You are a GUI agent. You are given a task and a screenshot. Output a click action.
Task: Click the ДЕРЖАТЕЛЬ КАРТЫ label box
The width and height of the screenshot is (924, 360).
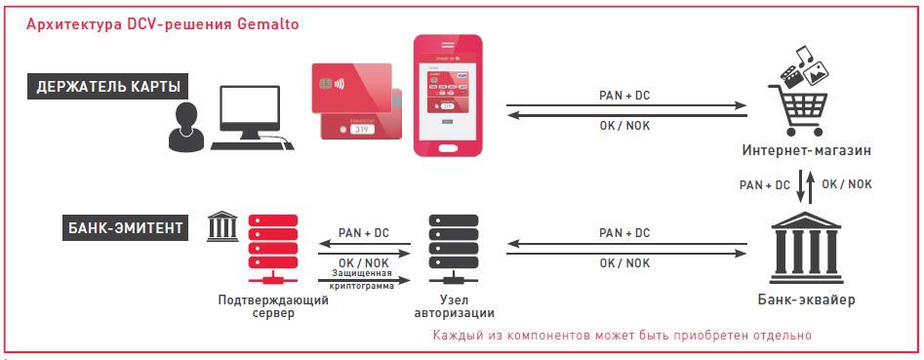click(107, 87)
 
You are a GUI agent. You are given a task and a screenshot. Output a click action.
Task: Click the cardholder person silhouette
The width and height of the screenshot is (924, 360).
click(185, 127)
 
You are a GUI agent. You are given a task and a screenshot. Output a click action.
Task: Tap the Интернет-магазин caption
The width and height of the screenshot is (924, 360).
click(806, 151)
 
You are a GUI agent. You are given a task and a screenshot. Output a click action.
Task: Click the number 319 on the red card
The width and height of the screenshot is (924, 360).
click(363, 128)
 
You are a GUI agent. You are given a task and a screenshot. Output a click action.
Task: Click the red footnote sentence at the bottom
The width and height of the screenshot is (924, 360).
click(623, 336)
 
